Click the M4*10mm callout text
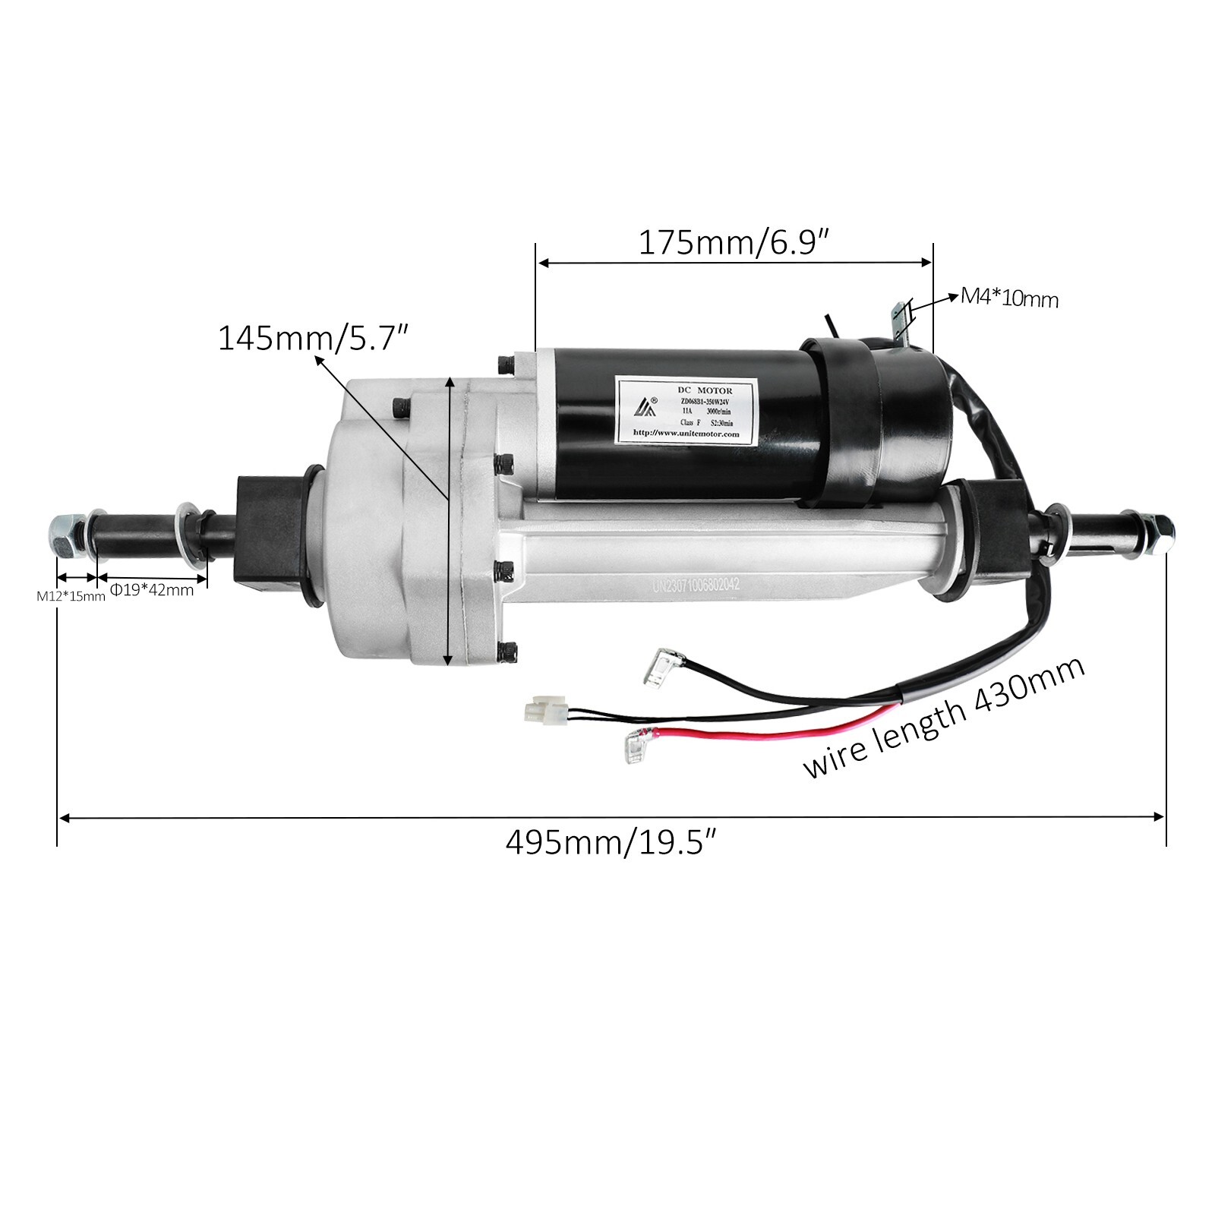(x=1009, y=298)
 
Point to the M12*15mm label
(x=71, y=596)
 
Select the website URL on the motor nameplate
(x=686, y=434)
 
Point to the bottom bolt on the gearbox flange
(x=508, y=651)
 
